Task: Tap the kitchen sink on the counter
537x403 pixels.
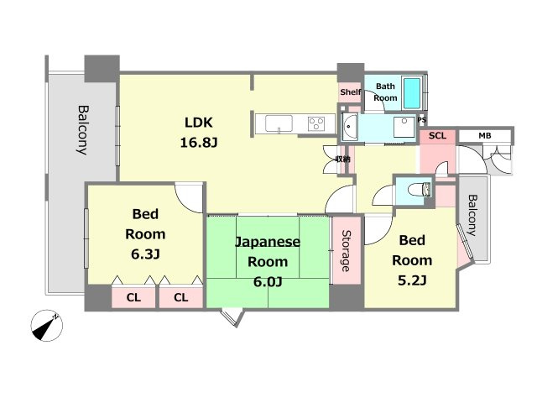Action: pos(279,124)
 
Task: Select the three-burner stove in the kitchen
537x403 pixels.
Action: pos(317,124)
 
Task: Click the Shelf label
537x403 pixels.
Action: pos(350,92)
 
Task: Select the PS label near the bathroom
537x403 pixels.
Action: pos(421,119)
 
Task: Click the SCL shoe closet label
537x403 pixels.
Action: pos(437,135)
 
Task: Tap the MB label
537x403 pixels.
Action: pos(485,135)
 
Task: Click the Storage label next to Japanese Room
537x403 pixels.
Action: pos(345,251)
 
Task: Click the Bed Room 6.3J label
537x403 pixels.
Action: pos(144,234)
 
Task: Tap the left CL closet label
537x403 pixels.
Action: pos(133,296)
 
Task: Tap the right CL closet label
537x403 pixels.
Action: pos(181,296)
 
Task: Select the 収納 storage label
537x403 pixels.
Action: pos(342,158)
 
